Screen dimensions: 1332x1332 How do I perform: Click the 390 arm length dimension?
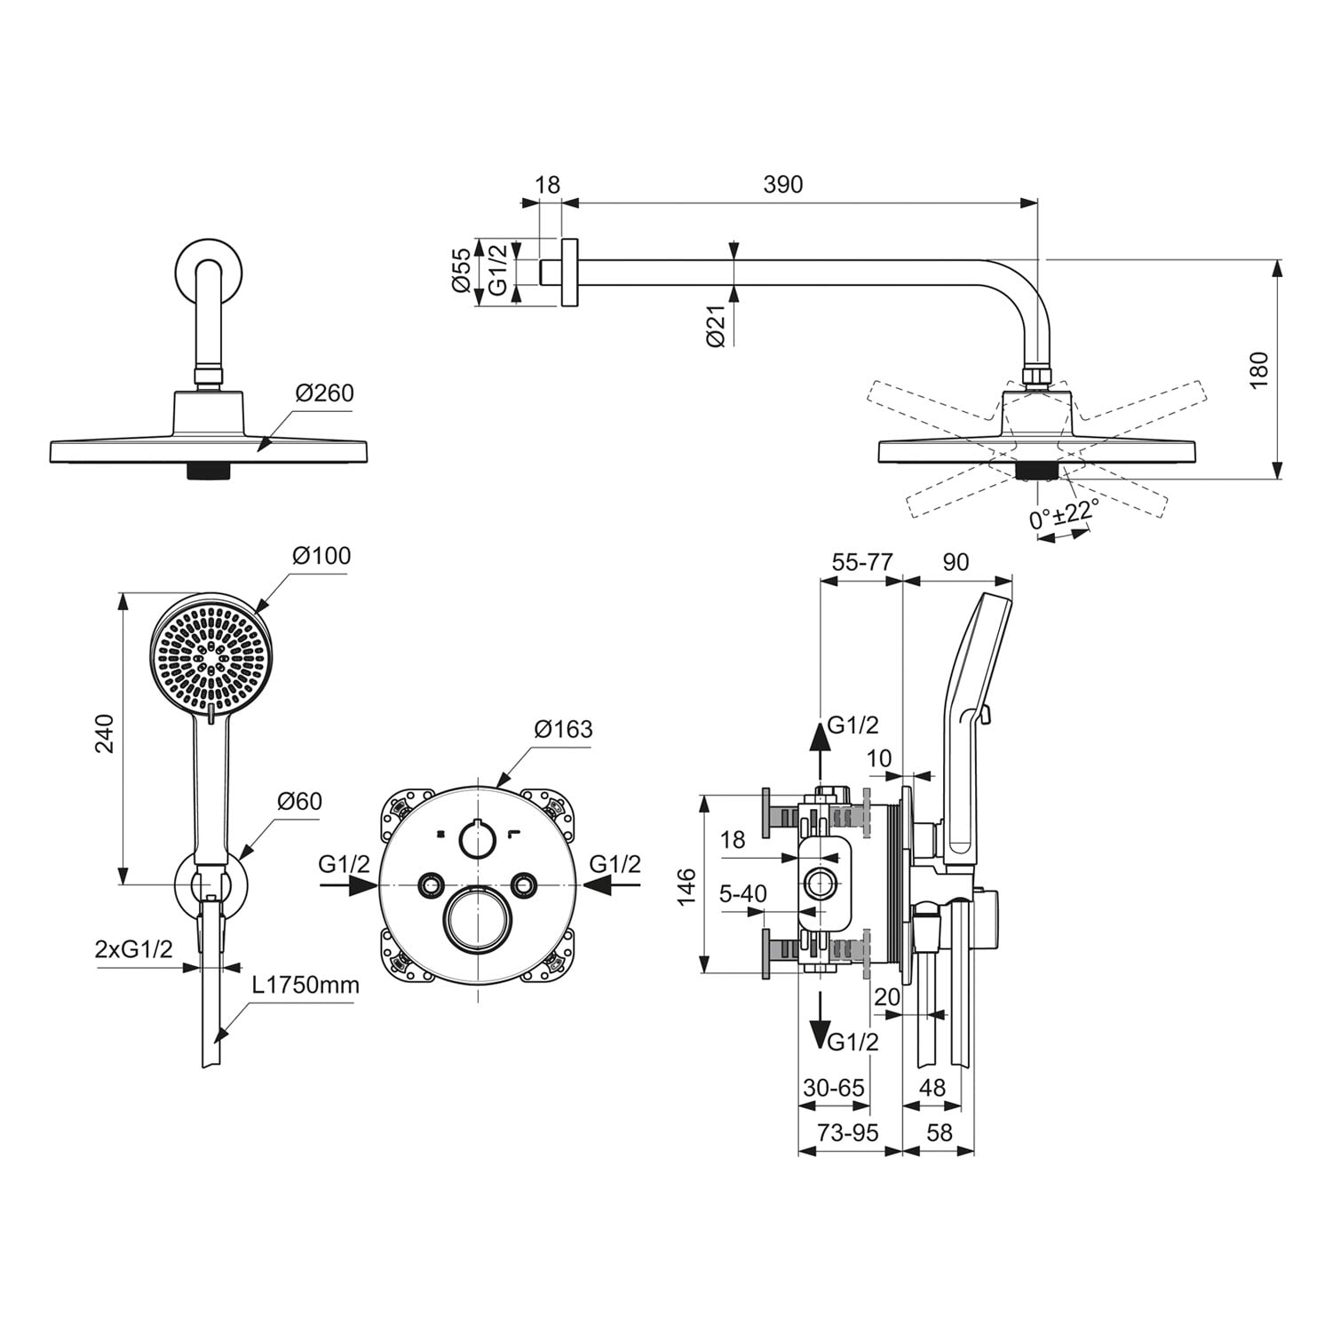(x=782, y=184)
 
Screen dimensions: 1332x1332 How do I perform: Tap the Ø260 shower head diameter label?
(x=325, y=392)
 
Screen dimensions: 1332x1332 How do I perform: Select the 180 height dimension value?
(x=1259, y=369)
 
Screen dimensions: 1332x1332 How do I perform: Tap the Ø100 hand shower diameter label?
(x=321, y=556)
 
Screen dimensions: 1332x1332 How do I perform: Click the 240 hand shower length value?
(x=105, y=733)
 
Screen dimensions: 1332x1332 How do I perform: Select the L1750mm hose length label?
(x=305, y=985)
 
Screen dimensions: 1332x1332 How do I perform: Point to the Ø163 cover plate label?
(x=563, y=729)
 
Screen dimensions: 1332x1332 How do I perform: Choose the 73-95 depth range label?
(x=848, y=1132)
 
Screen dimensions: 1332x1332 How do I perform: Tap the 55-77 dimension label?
(x=862, y=562)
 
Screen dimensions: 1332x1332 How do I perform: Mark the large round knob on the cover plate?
(x=479, y=919)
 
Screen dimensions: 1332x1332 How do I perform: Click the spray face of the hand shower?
(x=212, y=654)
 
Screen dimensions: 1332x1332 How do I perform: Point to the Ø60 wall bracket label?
(x=299, y=801)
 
